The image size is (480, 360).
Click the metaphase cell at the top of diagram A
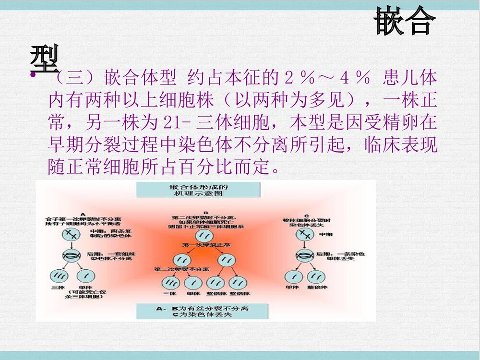coord(71,235)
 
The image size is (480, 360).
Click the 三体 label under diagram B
coord(169,293)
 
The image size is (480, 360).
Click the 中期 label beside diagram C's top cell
coord(325,234)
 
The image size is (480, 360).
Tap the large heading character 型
coord(44,57)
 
